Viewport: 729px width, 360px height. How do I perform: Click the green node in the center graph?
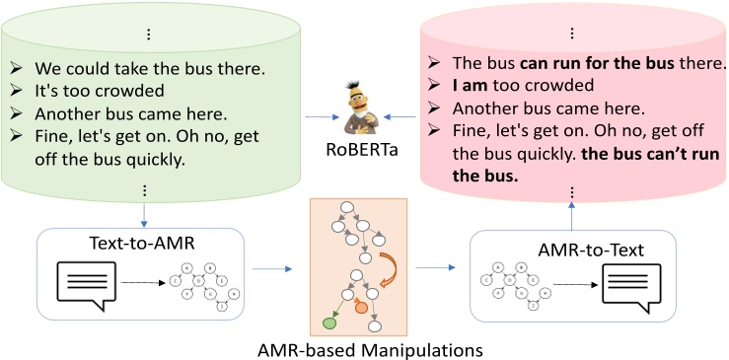(x=328, y=320)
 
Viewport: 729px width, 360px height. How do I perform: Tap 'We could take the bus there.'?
(x=136, y=70)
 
